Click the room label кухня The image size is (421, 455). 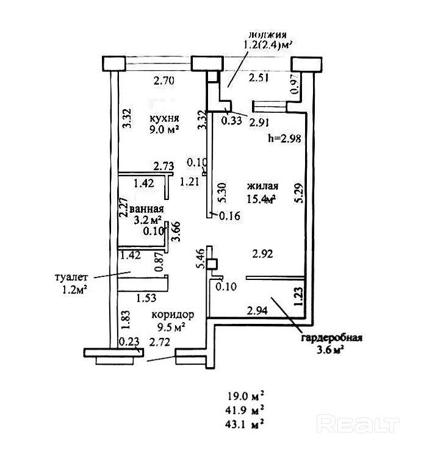tap(164, 118)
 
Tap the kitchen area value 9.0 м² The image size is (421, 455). tap(165, 129)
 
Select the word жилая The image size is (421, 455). tap(262, 186)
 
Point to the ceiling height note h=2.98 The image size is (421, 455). tap(284, 138)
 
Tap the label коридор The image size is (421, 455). tap(173, 315)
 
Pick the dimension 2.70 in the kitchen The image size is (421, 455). tap(165, 80)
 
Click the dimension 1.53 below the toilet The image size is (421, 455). tap(145, 298)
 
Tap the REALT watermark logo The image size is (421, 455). tap(359, 423)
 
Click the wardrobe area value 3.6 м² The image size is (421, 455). tap(330, 350)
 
